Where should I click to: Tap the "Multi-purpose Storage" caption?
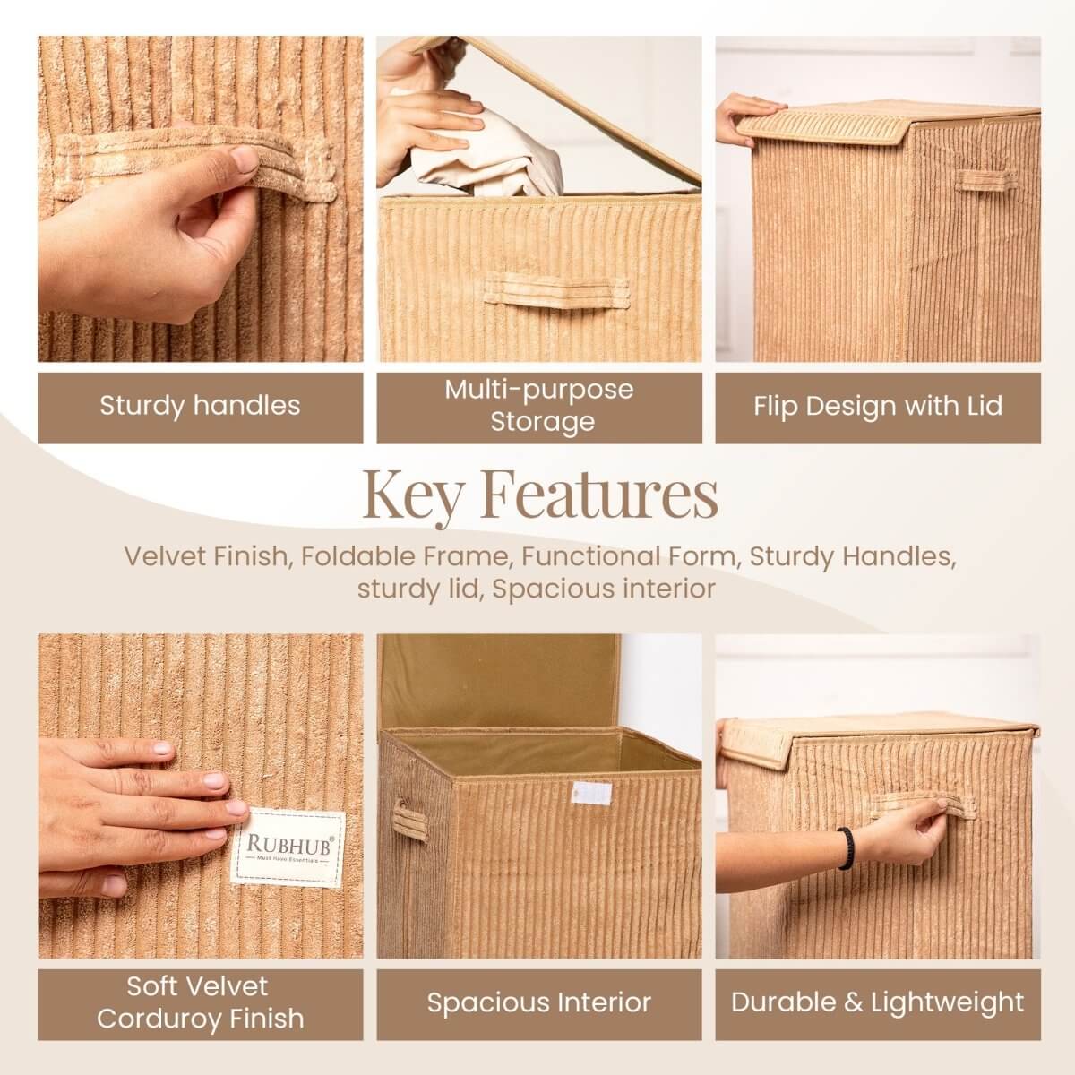click(539, 405)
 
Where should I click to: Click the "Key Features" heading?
click(539, 494)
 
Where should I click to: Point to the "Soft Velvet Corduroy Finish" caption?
click(200, 1002)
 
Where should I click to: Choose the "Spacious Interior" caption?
click(539, 1002)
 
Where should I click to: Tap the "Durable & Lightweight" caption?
click(878, 1002)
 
